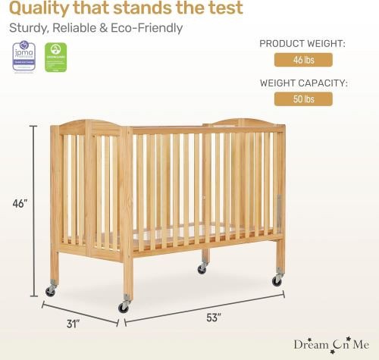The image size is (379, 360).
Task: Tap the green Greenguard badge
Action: click(x=53, y=57)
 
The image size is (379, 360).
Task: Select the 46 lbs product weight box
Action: click(x=302, y=61)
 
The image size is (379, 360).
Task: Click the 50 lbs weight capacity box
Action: click(x=302, y=99)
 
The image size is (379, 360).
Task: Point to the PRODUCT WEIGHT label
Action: click(x=302, y=44)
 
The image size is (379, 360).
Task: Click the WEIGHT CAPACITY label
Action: click(x=303, y=83)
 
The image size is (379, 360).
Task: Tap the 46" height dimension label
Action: click(x=19, y=204)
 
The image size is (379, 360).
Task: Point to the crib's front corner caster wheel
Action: click(x=124, y=306)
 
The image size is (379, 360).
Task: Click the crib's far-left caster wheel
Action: click(x=51, y=290)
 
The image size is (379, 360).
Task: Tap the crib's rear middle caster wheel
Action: click(x=203, y=268)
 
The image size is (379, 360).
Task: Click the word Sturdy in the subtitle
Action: click(x=28, y=29)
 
